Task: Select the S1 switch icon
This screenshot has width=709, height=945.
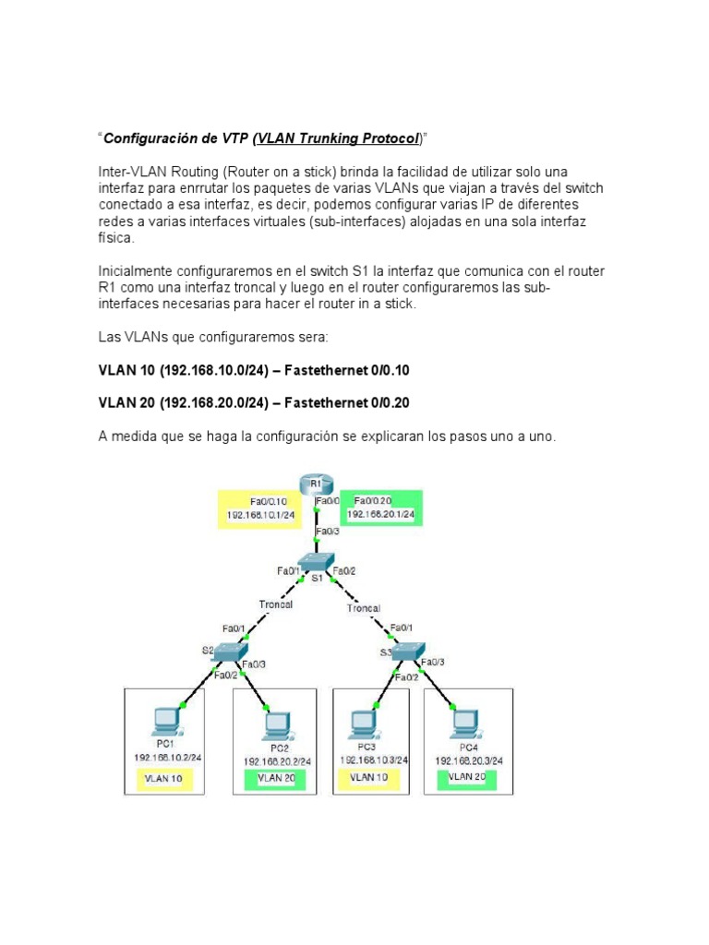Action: click(315, 564)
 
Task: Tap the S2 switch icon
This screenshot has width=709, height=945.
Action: click(225, 652)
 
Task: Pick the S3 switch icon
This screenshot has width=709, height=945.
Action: click(403, 651)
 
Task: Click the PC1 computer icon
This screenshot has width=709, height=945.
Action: click(167, 719)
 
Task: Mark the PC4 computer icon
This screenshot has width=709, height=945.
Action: click(463, 719)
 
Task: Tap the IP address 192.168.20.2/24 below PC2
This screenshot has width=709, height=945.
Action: click(277, 761)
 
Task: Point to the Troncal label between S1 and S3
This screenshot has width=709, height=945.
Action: click(364, 608)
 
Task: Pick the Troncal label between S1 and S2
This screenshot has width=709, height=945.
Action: click(275, 604)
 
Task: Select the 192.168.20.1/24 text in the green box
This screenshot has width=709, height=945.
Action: click(380, 514)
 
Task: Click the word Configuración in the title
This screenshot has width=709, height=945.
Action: click(147, 139)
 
